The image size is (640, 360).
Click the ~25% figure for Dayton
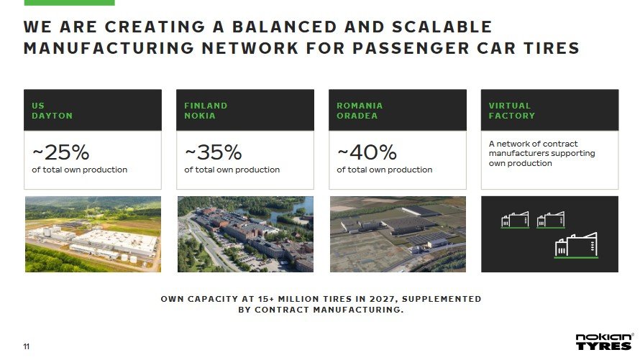tap(60, 152)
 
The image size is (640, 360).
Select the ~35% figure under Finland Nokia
tap(213, 152)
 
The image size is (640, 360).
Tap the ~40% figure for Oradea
tap(367, 152)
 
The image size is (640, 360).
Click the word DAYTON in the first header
tap(52, 116)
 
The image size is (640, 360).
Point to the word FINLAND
tap(206, 106)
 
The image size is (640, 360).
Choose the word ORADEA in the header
tap(357, 116)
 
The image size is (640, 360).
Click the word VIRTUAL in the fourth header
tap(510, 106)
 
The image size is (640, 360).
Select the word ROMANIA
tap(360, 106)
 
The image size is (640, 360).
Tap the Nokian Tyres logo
tap(604, 341)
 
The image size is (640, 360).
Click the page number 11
tap(27, 346)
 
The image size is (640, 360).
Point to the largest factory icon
tap(576, 245)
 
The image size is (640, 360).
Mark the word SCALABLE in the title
tap(442, 27)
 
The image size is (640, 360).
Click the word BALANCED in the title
tap(285, 27)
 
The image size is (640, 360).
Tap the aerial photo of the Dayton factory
tap(93, 234)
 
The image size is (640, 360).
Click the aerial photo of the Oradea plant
tap(398, 234)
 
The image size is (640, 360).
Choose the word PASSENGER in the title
tap(411, 48)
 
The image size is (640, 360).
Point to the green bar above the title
tap(69, 2)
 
